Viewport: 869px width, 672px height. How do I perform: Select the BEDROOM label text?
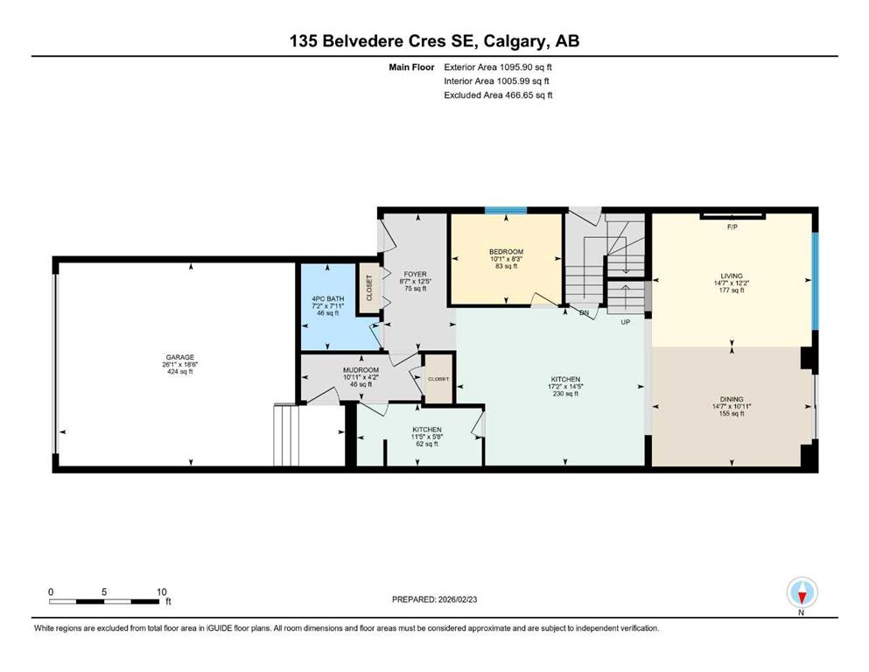click(x=506, y=252)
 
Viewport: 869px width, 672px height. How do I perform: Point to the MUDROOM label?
click(x=361, y=370)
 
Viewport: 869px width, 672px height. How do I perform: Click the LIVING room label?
click(x=731, y=275)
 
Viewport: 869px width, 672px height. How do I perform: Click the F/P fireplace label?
click(x=733, y=227)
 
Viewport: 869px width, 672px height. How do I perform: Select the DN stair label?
click(x=584, y=312)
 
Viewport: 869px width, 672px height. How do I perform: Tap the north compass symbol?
click(x=801, y=593)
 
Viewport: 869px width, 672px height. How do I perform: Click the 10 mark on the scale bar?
click(x=161, y=592)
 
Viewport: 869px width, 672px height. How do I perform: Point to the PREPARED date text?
click(x=435, y=599)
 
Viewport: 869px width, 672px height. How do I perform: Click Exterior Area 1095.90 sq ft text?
click(x=498, y=66)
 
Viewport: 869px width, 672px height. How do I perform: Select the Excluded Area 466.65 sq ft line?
click(x=498, y=94)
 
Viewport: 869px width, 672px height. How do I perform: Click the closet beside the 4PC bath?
click(x=368, y=289)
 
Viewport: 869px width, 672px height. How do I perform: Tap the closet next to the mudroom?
click(x=438, y=379)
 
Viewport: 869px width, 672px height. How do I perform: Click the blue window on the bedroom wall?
click(x=506, y=210)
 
